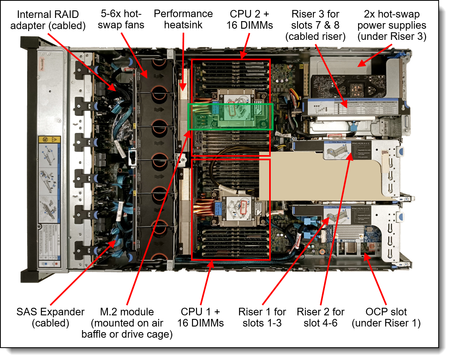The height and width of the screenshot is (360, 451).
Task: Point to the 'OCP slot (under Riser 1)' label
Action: pos(386,317)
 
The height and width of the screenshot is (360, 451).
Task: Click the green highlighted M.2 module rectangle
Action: pos(230,116)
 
